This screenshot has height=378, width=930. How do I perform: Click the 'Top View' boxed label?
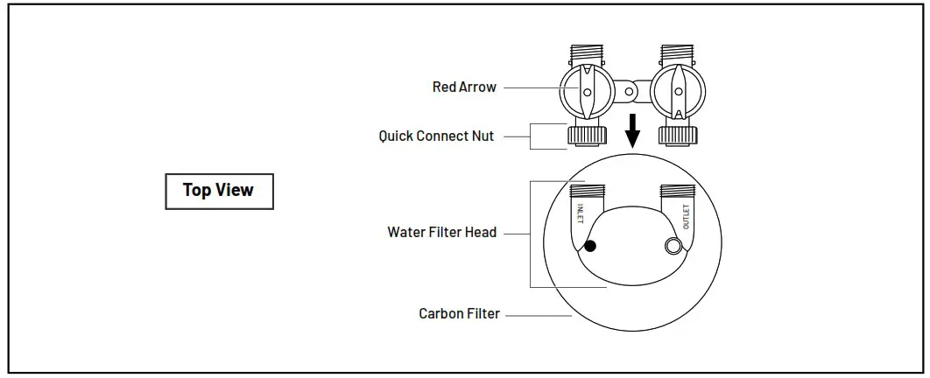click(x=219, y=190)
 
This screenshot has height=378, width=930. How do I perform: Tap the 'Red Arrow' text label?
click(x=464, y=87)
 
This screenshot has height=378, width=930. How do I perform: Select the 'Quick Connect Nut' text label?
click(x=436, y=136)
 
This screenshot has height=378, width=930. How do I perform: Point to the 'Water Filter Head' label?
click(x=441, y=233)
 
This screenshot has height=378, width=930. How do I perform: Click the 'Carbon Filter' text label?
click(x=459, y=313)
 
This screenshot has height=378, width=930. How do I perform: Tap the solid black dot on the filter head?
click(x=590, y=247)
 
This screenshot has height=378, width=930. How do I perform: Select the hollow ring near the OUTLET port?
click(x=673, y=247)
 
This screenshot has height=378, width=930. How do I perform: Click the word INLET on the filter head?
click(x=580, y=216)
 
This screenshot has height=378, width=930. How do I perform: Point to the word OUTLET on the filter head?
click(x=685, y=216)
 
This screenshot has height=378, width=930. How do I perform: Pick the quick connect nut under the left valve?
click(x=587, y=135)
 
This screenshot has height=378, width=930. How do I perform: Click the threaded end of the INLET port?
click(x=588, y=190)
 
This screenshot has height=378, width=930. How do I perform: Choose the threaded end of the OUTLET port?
click(x=677, y=190)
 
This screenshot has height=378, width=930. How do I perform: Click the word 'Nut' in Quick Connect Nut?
click(x=482, y=136)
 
